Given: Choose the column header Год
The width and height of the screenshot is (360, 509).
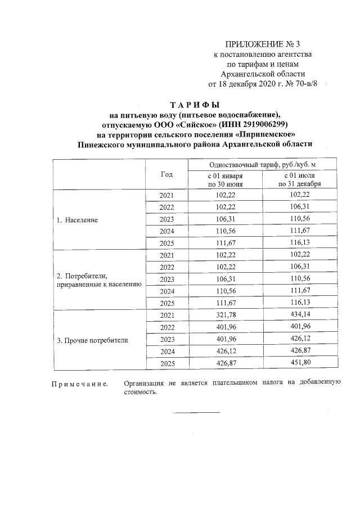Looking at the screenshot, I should [166, 174].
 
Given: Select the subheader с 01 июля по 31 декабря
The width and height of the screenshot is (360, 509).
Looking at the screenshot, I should [299, 179].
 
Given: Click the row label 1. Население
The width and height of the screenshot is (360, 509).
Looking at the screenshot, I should [77, 220].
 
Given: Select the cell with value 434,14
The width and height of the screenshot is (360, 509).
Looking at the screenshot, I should [299, 316].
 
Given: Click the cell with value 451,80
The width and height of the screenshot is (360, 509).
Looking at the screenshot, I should [299, 364].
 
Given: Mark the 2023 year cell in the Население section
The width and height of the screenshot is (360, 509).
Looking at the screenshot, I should [167, 219].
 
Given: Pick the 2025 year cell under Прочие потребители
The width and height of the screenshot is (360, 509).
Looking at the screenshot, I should [167, 364].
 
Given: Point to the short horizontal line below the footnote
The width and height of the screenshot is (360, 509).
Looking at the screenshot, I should [196, 412].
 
